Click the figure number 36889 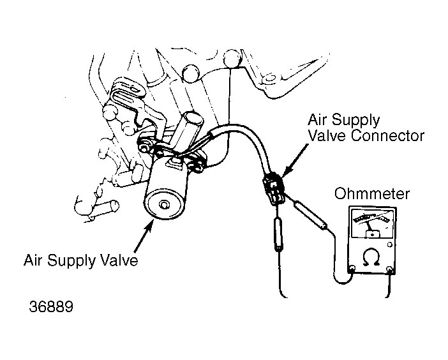click(51, 306)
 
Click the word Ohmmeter click(372, 193)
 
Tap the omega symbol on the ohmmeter click(371, 257)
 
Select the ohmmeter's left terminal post click(352, 269)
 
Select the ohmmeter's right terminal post click(389, 269)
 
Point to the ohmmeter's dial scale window click(372, 223)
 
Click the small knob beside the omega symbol click(389, 245)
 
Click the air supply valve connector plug click(274, 188)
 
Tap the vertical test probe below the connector click(278, 234)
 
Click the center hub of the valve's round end click(164, 204)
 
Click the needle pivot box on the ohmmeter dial click(373, 234)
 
